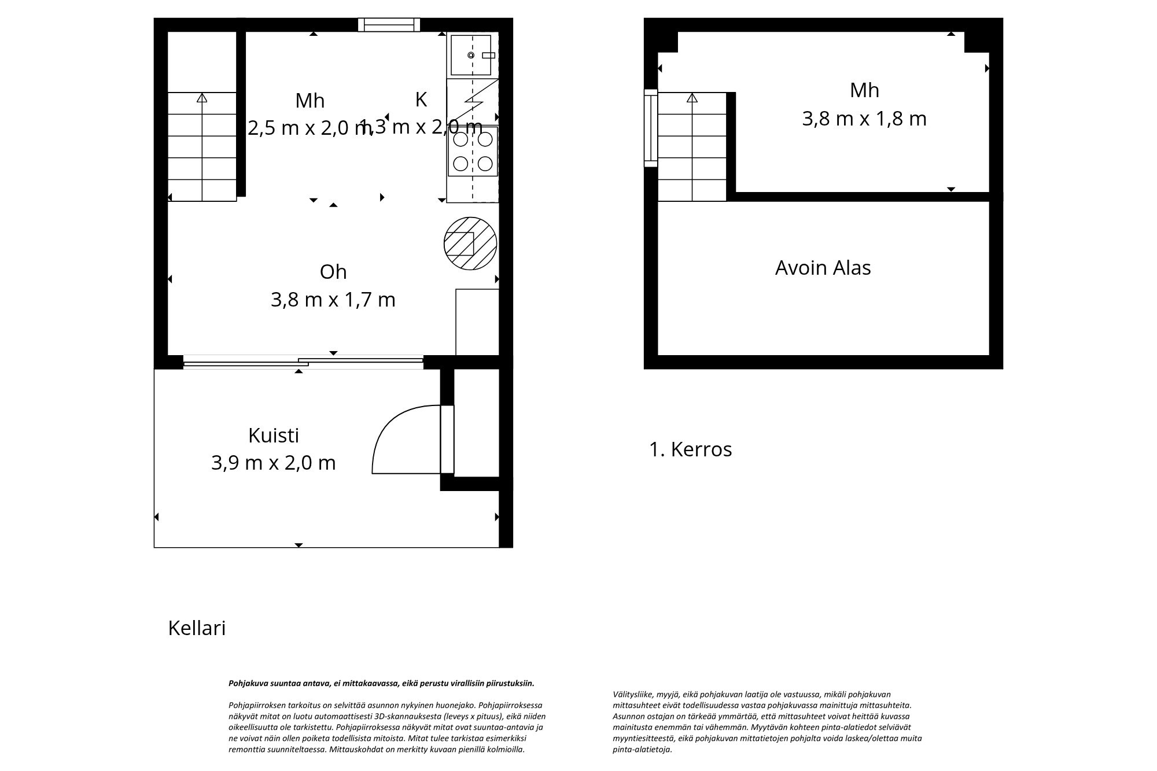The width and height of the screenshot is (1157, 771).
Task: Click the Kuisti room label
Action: pyautogui.click(x=273, y=436)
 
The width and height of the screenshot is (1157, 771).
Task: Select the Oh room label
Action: pyautogui.click(x=333, y=272)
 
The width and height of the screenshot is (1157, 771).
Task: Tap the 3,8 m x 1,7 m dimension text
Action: pyautogui.click(x=333, y=300)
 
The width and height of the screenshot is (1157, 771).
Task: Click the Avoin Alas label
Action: pyautogui.click(x=823, y=268)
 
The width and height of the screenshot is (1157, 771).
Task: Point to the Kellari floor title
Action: pyautogui.click(x=197, y=628)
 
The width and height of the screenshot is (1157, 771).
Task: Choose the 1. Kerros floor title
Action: pyautogui.click(x=690, y=449)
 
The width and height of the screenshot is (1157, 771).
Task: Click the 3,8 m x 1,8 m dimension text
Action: pyautogui.click(x=864, y=119)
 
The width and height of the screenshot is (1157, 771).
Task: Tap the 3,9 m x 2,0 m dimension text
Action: pyautogui.click(x=273, y=463)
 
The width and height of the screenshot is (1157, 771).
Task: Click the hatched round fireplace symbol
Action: pyautogui.click(x=470, y=244)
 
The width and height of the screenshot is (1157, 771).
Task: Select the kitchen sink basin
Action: pyautogui.click(x=471, y=55)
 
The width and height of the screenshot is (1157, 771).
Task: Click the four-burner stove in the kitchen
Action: pyautogui.click(x=473, y=151)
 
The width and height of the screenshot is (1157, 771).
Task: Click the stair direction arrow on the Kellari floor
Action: pyautogui.click(x=202, y=98)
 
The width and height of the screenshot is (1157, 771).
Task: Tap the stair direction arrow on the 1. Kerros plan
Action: pyautogui.click(x=692, y=98)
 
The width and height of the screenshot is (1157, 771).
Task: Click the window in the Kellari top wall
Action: pyautogui.click(x=389, y=25)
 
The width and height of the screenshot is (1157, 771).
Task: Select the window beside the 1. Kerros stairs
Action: pyautogui.click(x=651, y=128)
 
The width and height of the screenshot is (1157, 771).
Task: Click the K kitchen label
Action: pyautogui.click(x=421, y=99)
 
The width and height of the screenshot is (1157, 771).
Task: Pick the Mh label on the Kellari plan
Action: pyautogui.click(x=309, y=101)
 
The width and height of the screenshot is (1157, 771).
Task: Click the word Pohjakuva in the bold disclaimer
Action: pyautogui.click(x=246, y=683)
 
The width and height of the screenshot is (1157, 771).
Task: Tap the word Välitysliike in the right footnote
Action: pyautogui.click(x=633, y=694)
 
